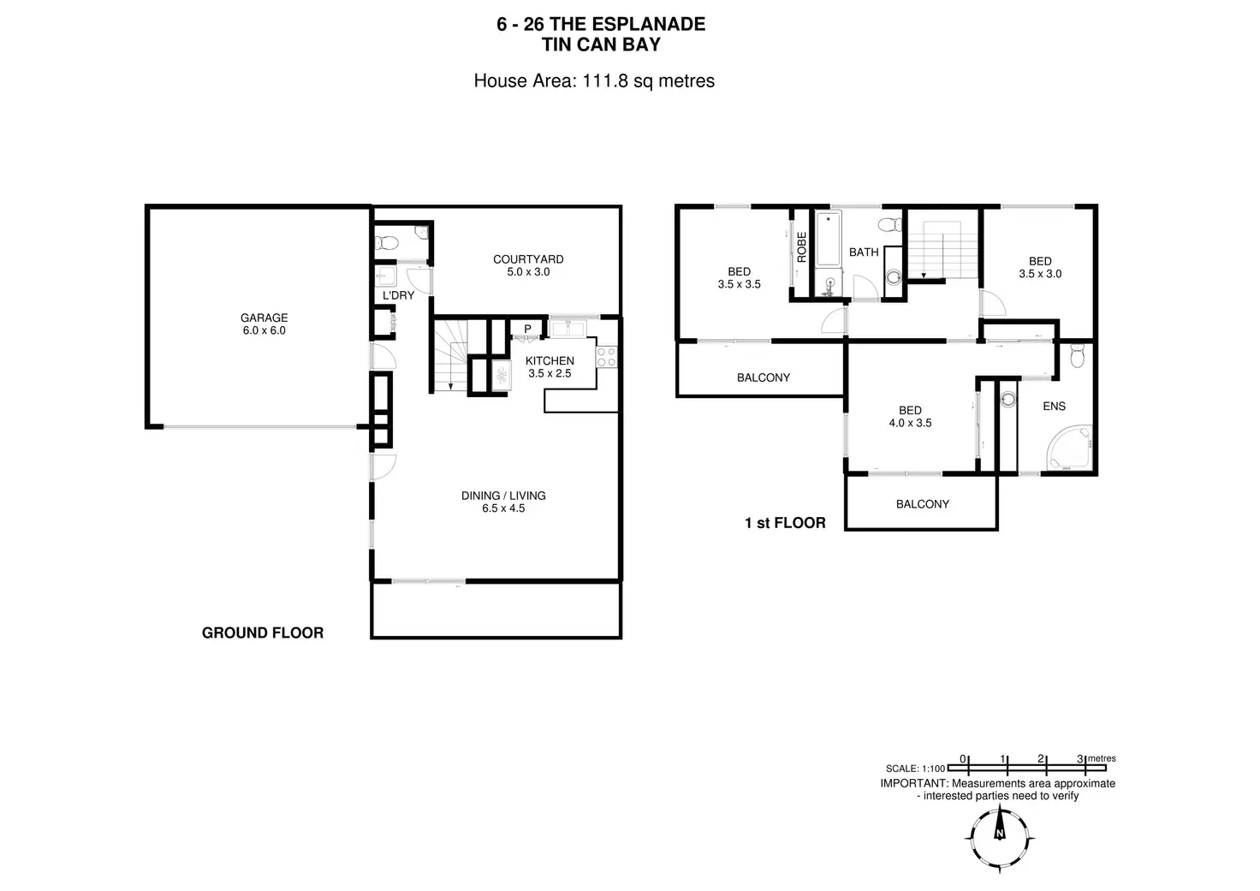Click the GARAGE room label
click(264, 318)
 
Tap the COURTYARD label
click(528, 259)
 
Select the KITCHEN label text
click(550, 360)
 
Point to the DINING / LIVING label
click(503, 496)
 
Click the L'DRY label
click(398, 295)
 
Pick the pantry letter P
click(527, 329)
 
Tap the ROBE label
click(802, 247)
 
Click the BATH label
click(864, 252)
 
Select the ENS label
click(1054, 406)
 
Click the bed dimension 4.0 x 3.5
click(910, 423)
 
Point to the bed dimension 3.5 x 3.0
click(1040, 274)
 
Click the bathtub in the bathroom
click(828, 239)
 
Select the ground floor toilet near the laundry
click(386, 242)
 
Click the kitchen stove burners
click(607, 356)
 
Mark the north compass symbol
click(999, 833)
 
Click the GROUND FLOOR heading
click(263, 633)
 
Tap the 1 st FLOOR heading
click(785, 522)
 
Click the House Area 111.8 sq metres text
click(594, 80)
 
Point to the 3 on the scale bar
click(1080, 758)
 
